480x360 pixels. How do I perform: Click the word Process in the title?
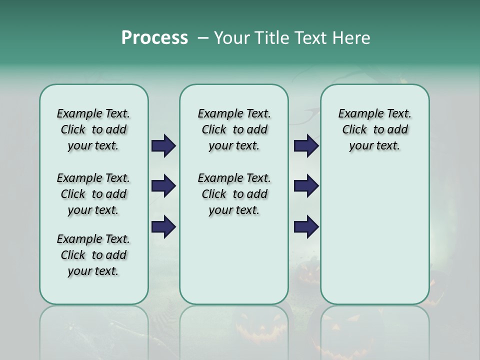154,37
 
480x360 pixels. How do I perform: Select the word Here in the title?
351,37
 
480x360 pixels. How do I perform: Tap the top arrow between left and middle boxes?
163,146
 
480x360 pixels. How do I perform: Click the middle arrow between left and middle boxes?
163,186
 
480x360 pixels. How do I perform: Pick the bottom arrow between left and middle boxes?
163,226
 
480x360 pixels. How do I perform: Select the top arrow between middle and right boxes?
306,146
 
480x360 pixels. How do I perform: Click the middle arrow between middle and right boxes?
306,186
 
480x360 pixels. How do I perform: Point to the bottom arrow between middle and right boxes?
306,226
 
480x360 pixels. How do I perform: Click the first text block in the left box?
93,129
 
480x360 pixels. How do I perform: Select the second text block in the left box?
93,194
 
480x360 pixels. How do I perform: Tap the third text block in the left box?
93,255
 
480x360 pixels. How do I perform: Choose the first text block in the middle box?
234,129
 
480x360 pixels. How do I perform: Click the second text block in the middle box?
234,194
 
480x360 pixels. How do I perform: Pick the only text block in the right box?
374,129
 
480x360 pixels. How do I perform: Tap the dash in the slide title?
203,38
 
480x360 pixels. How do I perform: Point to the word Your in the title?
231,37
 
